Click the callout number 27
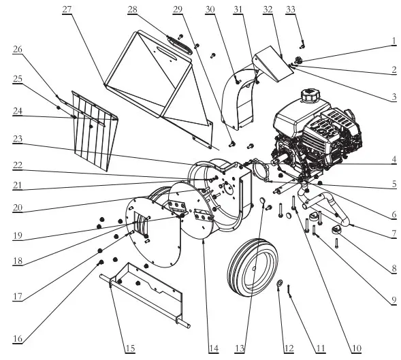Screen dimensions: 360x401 tap(67, 9)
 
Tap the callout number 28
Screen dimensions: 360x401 tap(132, 9)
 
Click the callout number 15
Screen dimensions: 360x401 tap(129, 348)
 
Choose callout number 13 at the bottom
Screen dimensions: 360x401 tap(239, 348)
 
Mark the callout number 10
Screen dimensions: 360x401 tap(355, 348)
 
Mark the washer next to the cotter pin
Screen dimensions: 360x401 tap(280, 282)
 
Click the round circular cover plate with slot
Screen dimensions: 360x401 tap(153, 231)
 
